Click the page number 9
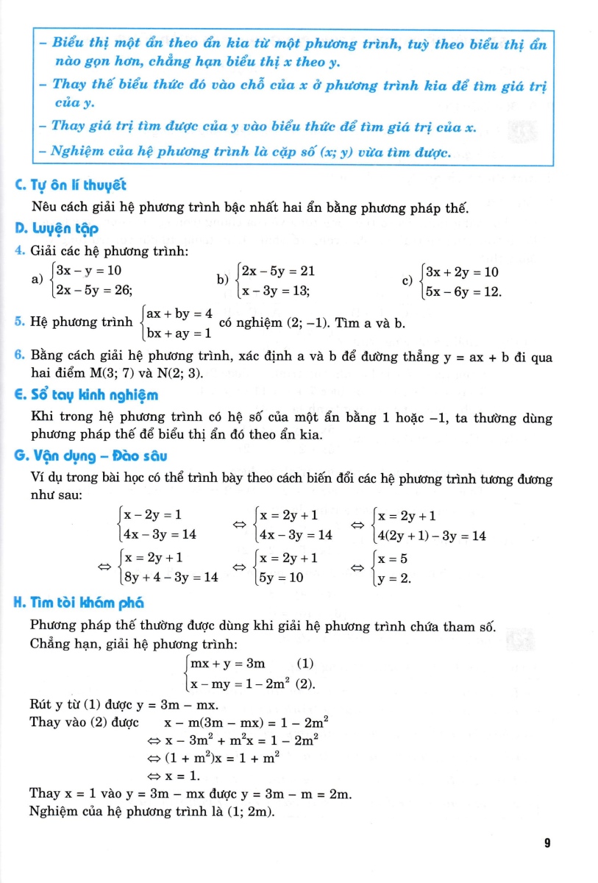[547, 844]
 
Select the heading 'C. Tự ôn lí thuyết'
[65, 188]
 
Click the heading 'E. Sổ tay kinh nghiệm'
[87, 395]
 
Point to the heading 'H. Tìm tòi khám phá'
[79, 603]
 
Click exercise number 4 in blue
[19, 252]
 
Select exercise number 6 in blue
[19, 358]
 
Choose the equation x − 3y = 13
[275, 291]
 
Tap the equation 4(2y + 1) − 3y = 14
[431, 536]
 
